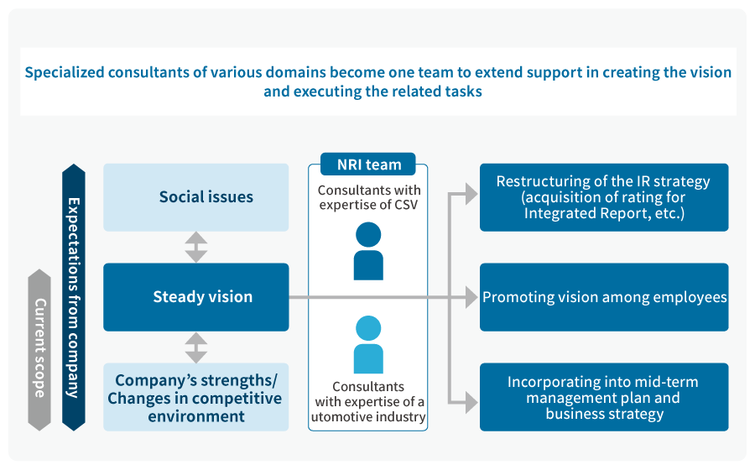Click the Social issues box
[x=195, y=197]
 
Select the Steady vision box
[x=195, y=297]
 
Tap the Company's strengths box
[x=195, y=397]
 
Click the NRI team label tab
[x=367, y=164]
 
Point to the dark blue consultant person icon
[x=368, y=251]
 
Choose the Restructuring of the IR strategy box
[x=603, y=197]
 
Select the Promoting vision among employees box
[x=603, y=297]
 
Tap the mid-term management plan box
[x=603, y=397]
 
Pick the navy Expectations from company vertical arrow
[x=74, y=297]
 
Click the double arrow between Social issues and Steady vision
[x=195, y=247]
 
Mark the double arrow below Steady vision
[x=195, y=347]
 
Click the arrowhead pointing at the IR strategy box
[x=471, y=196]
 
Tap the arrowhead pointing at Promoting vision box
[x=471, y=297]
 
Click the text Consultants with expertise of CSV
[x=368, y=199]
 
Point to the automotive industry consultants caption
[x=368, y=401]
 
